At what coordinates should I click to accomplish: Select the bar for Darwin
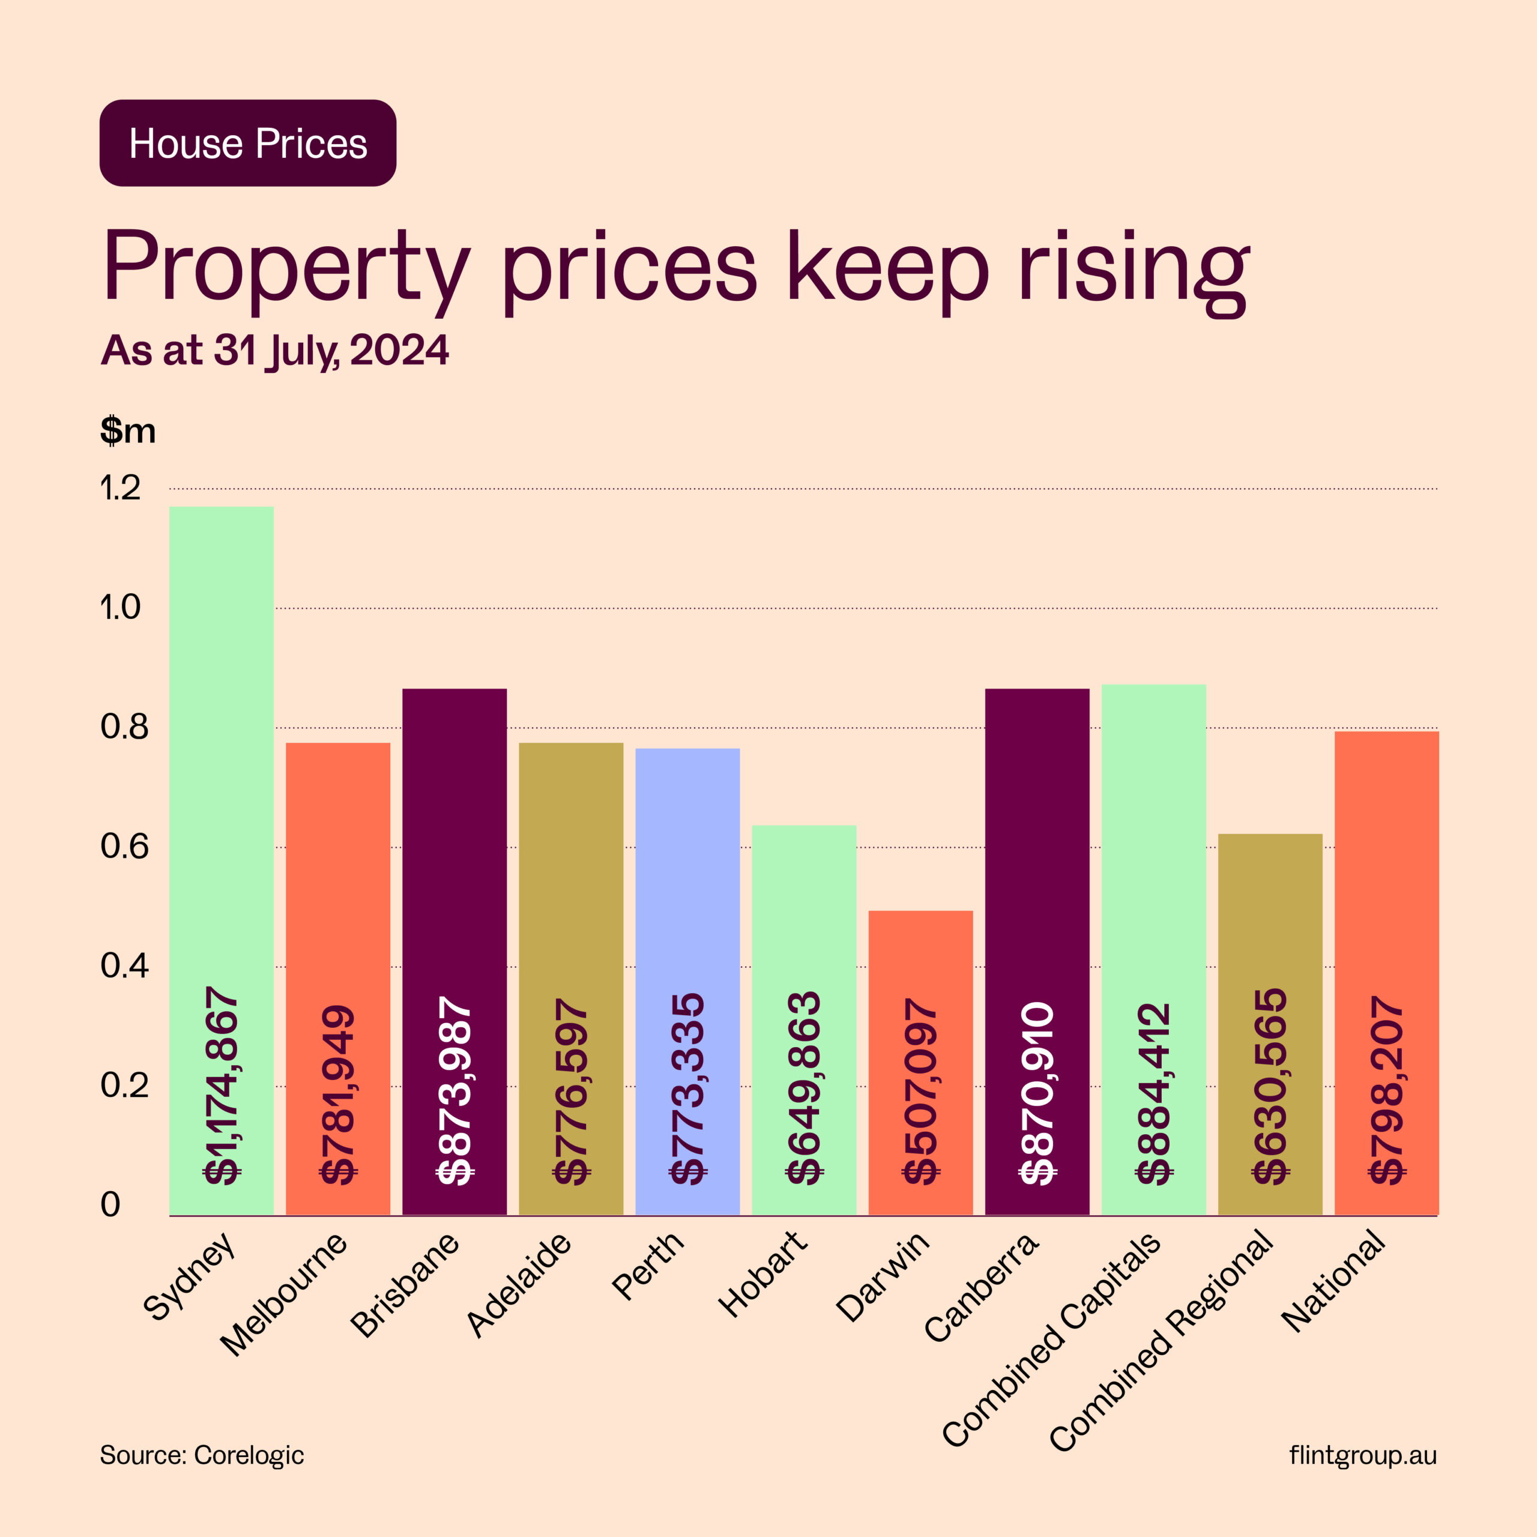pyautogui.click(x=920, y=955)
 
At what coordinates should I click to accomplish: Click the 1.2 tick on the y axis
pyautogui.click(x=120, y=489)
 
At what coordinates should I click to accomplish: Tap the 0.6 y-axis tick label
pyautogui.click(x=124, y=847)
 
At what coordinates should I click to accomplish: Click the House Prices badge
pyautogui.click(x=247, y=143)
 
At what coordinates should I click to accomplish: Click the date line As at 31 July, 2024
pyautogui.click(x=274, y=351)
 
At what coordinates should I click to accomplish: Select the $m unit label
pyautogui.click(x=127, y=430)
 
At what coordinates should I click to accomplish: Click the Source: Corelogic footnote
pyautogui.click(x=201, y=1455)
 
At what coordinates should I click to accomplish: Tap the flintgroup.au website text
pyautogui.click(x=1363, y=1455)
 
